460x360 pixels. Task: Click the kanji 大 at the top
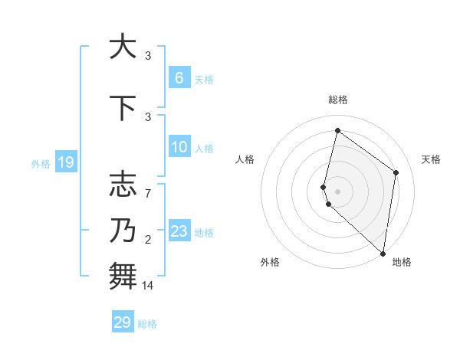pyautogui.click(x=122, y=47)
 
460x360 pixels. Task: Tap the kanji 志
pyautogui.click(x=122, y=185)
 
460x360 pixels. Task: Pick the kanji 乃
pyautogui.click(x=122, y=230)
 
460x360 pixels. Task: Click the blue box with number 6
pyautogui.click(x=179, y=77)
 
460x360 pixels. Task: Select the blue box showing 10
pyautogui.click(x=179, y=147)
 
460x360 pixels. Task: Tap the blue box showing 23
pyautogui.click(x=179, y=231)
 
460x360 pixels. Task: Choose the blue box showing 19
pyautogui.click(x=65, y=162)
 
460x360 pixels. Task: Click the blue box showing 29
pyautogui.click(x=122, y=322)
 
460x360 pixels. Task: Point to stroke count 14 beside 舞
pyautogui.click(x=149, y=286)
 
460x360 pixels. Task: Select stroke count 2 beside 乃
pyautogui.click(x=148, y=241)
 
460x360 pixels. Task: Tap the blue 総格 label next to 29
pyautogui.click(x=147, y=324)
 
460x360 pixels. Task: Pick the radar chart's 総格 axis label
pyautogui.click(x=337, y=100)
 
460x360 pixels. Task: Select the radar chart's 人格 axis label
pyautogui.click(x=245, y=159)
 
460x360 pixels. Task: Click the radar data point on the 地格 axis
pyautogui.click(x=383, y=254)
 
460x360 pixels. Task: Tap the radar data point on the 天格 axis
pyautogui.click(x=396, y=172)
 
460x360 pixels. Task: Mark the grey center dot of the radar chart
pyautogui.click(x=337, y=191)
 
